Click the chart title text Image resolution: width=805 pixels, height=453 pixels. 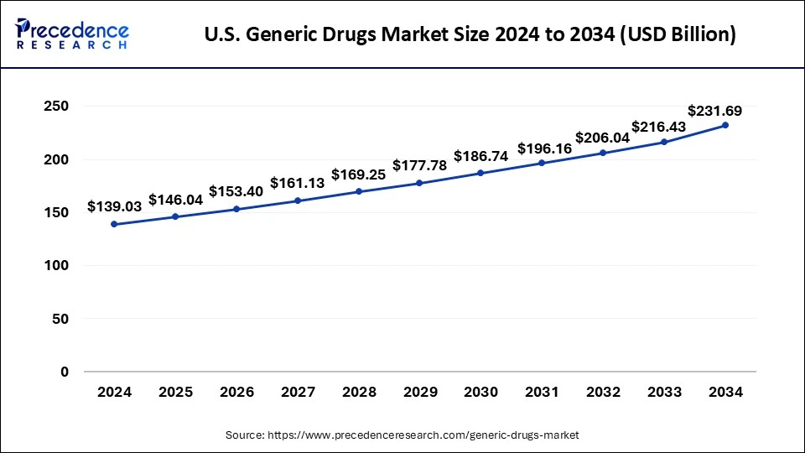click(470, 35)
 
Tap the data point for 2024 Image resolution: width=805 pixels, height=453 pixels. click(114, 224)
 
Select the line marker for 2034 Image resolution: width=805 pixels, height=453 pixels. click(725, 125)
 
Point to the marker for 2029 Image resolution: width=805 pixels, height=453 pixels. click(419, 183)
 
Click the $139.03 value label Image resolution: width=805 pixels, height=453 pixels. click(114, 206)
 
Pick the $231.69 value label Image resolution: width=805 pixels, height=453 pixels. click(714, 110)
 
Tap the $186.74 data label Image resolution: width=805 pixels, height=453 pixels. click(480, 156)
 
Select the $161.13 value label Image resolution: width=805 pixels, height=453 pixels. click(297, 184)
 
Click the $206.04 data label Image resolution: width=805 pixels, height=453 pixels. click(603, 137)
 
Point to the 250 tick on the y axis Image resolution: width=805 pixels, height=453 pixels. click(57, 107)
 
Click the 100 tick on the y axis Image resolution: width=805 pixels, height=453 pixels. click(57, 266)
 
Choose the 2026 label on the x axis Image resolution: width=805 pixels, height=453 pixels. click(236, 392)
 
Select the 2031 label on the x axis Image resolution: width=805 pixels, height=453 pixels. click(542, 392)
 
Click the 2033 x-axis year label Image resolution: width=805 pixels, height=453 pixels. click(664, 392)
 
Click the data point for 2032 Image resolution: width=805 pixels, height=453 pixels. click(603, 153)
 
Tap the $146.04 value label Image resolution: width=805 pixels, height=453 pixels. click(175, 200)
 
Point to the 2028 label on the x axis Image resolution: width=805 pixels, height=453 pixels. click(358, 392)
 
